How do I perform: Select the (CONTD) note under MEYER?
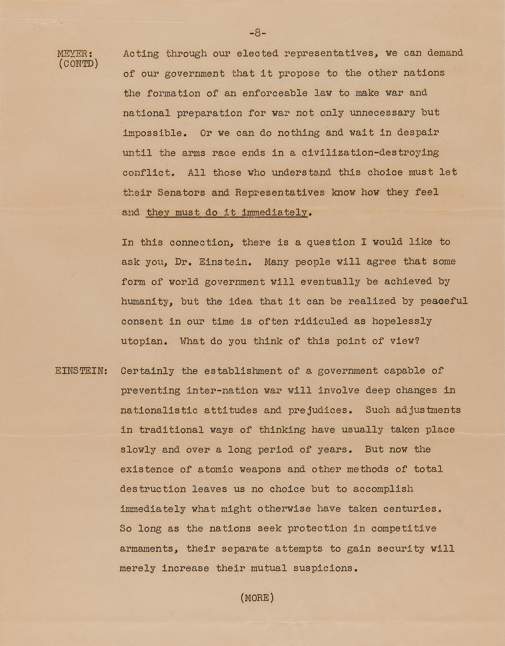(x=79, y=64)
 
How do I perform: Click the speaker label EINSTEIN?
(x=81, y=370)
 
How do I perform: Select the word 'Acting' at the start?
(x=141, y=53)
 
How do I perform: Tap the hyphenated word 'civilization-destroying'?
(x=370, y=152)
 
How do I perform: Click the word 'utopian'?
(x=142, y=341)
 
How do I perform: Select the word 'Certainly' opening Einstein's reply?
(x=147, y=371)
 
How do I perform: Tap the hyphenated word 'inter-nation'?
(x=222, y=391)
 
